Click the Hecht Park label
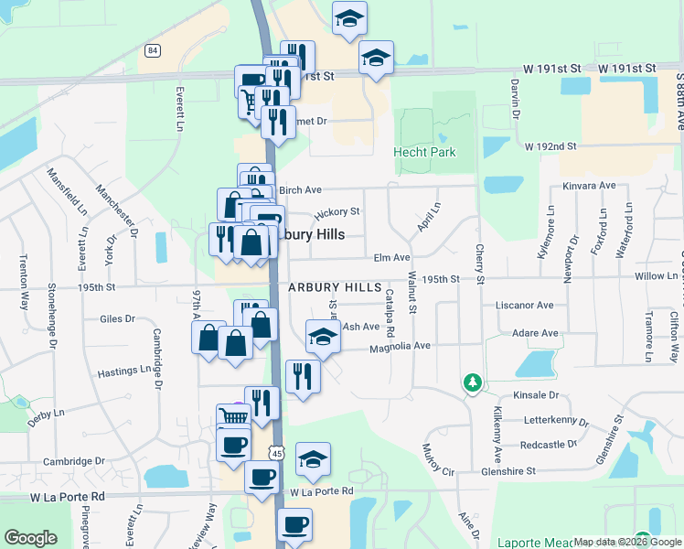coord(424,152)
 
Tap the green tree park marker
coord(473,382)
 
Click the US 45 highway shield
coord(277,453)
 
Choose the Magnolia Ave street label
coord(400,347)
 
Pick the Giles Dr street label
coord(117,319)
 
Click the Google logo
coord(31,538)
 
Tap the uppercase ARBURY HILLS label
coord(335,287)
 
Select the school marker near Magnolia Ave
coord(323,338)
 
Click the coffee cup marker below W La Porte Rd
coord(294,525)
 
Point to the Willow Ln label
coord(655,275)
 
